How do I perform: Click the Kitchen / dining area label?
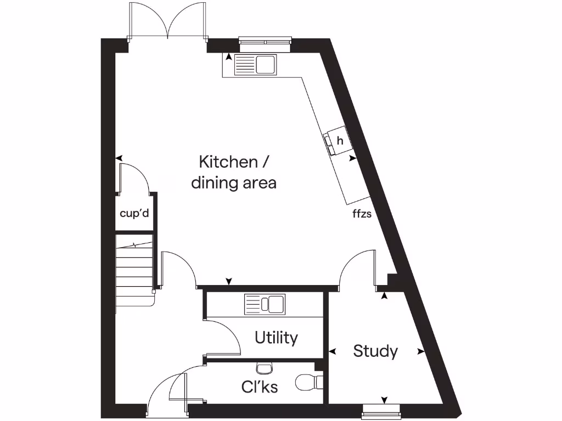(x=234, y=172)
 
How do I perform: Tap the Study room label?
(x=375, y=351)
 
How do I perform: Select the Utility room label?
(x=276, y=338)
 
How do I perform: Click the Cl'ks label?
(x=260, y=387)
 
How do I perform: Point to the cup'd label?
(x=134, y=213)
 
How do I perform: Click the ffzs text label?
(x=362, y=214)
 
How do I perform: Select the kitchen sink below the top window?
(x=256, y=65)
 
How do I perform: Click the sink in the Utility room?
(x=265, y=304)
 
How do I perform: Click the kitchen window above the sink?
(x=265, y=43)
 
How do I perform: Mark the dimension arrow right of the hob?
(x=353, y=158)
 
